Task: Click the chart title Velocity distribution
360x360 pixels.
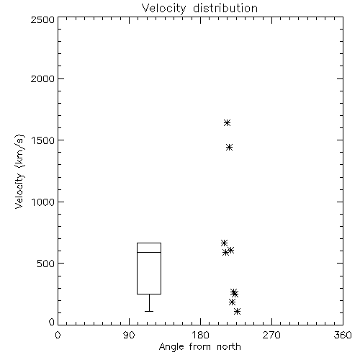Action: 199,9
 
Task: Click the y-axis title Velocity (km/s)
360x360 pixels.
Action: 19,171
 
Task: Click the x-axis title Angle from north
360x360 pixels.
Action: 199,346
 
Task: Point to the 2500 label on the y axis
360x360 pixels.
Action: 42,19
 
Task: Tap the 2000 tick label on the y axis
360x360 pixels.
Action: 42,78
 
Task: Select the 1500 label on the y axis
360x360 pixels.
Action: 42,140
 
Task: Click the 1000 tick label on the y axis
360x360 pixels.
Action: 42,202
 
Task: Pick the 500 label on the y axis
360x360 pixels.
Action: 46,264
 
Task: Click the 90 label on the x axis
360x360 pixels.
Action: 129,335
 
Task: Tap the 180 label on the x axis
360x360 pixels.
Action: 200,335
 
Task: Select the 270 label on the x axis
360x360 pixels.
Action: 271,335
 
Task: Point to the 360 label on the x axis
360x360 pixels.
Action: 343,335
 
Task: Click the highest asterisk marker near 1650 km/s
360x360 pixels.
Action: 227,123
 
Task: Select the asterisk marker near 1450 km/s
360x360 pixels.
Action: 230,148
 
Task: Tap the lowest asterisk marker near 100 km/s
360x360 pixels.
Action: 237,312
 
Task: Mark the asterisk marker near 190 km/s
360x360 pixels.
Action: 232,302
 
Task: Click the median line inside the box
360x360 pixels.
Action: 149,252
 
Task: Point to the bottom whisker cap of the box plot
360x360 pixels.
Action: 149,311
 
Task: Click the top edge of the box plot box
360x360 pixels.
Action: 149,243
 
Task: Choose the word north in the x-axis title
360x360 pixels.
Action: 229,346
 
